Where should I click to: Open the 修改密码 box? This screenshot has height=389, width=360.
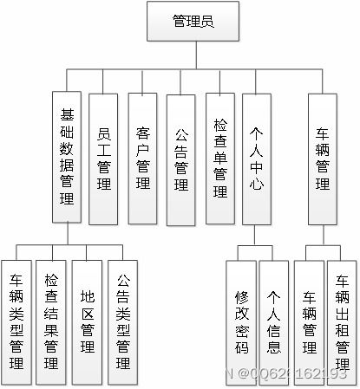[241, 321]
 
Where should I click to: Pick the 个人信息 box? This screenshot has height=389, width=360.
[273, 321]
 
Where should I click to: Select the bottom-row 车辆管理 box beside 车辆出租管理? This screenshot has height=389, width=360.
[310, 321]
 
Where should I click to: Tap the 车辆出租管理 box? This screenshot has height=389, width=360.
[342, 321]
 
